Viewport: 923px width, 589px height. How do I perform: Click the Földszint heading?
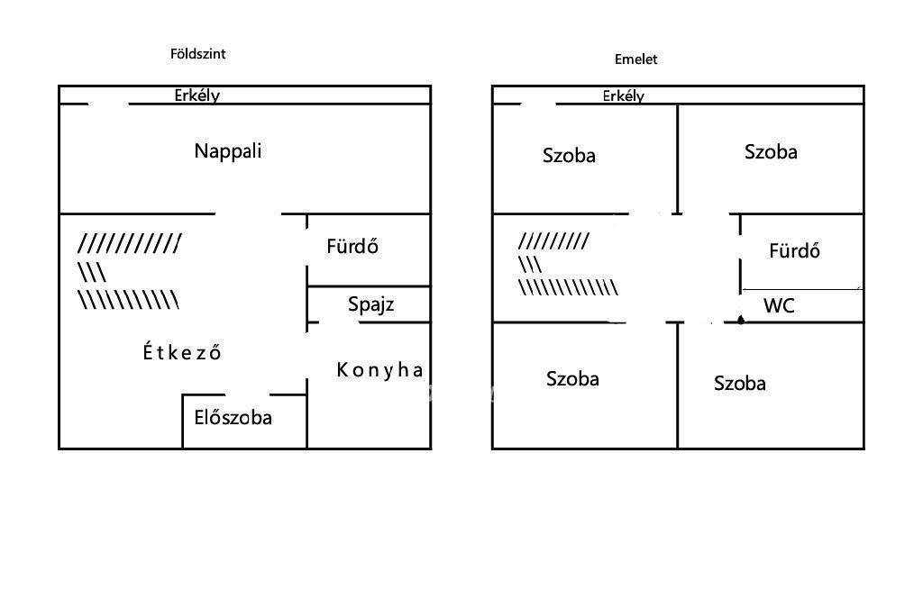[197, 54]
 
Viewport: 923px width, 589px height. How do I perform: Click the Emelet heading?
[635, 59]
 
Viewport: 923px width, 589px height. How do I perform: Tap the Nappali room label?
[228, 151]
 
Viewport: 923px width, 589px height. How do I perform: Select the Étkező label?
[182, 352]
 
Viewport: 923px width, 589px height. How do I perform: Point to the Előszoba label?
[233, 418]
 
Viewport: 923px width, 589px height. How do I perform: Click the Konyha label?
[379, 369]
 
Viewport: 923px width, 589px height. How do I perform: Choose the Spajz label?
[370, 304]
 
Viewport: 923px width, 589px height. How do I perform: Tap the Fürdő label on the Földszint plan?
[352, 247]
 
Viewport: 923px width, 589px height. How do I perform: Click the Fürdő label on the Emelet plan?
[794, 251]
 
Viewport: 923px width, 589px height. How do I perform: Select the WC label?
[779, 306]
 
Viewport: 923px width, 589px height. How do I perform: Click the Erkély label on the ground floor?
[197, 95]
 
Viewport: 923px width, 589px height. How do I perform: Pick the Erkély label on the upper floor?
[624, 95]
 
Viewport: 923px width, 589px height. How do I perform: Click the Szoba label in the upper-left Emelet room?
[569, 156]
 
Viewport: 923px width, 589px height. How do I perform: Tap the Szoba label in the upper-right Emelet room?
[771, 152]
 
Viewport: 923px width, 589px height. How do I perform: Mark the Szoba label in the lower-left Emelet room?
[572, 379]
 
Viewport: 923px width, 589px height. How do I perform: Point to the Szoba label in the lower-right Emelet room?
[740, 384]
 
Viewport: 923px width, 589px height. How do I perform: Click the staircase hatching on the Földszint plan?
[129, 271]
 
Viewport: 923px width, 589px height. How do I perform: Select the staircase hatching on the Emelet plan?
[566, 264]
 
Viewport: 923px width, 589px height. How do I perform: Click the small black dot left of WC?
[741, 319]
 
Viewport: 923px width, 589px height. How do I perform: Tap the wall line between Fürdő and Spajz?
[369, 286]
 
